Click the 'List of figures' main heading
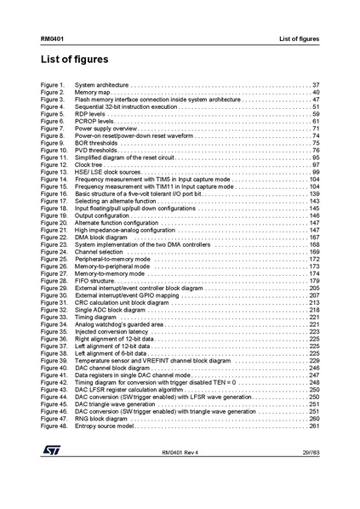click(x=74, y=60)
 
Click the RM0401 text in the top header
click(x=51, y=40)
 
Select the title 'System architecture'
click(x=101, y=86)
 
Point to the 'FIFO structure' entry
click(x=95, y=280)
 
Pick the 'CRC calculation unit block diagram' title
click(x=122, y=302)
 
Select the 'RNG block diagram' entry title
click(x=101, y=418)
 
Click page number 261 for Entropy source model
click(x=314, y=425)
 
